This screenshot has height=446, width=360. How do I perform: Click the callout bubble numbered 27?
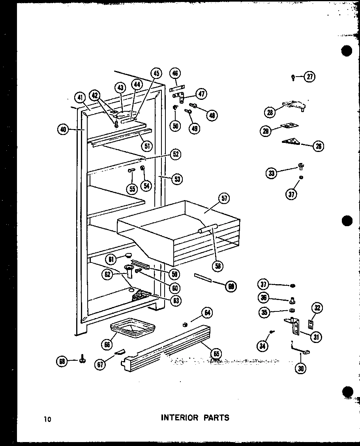click(310, 77)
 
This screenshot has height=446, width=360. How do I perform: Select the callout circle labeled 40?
click(63, 129)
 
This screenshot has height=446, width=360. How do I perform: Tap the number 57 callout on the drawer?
click(224, 199)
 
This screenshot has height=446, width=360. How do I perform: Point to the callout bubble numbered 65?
click(216, 353)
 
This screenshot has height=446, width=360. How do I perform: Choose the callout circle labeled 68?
click(62, 361)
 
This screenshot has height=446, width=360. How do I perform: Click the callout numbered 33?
click(271, 172)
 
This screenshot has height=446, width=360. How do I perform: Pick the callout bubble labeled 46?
click(175, 73)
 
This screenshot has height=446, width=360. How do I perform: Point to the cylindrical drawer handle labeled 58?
click(208, 229)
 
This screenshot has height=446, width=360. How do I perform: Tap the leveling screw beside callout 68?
click(82, 360)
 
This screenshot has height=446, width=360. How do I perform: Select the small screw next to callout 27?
click(293, 77)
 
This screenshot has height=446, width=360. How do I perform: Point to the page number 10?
click(48, 419)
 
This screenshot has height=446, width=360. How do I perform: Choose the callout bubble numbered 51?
click(147, 146)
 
